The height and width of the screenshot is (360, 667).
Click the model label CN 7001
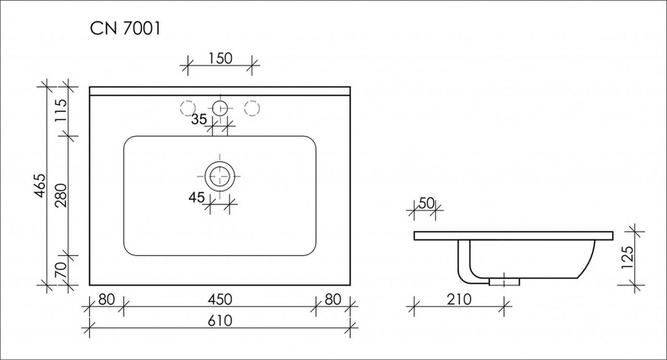(125, 29)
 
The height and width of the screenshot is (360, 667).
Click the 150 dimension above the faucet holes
(220, 58)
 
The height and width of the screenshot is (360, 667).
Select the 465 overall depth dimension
(40, 185)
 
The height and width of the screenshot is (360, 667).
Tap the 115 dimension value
(61, 110)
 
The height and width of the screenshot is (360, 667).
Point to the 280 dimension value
(61, 195)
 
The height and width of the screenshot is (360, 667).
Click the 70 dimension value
(61, 270)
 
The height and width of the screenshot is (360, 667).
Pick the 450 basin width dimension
(220, 299)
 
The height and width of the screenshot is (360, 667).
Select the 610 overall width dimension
(220, 321)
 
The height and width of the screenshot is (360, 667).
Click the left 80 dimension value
(106, 299)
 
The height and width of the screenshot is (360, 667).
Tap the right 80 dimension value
(333, 299)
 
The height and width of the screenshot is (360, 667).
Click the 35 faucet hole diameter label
(199, 119)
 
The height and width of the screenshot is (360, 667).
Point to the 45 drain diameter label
(196, 197)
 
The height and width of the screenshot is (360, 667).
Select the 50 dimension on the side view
(426, 203)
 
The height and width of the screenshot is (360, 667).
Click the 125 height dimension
(627, 257)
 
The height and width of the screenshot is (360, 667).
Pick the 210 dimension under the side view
(459, 299)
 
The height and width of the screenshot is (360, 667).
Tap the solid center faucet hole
(220, 108)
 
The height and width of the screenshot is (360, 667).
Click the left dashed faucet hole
(188, 108)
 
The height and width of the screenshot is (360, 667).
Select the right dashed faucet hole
(252, 108)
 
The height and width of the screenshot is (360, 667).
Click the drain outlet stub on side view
(504, 282)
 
